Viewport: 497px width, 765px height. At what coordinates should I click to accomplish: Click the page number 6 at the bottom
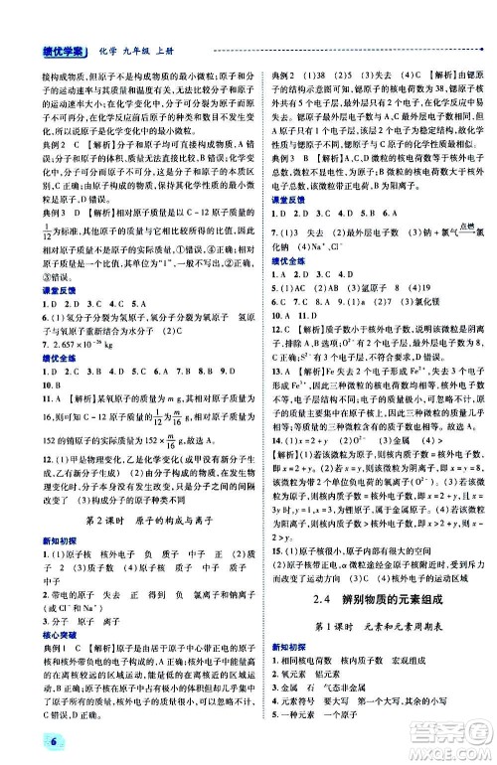[x=21, y=746]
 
